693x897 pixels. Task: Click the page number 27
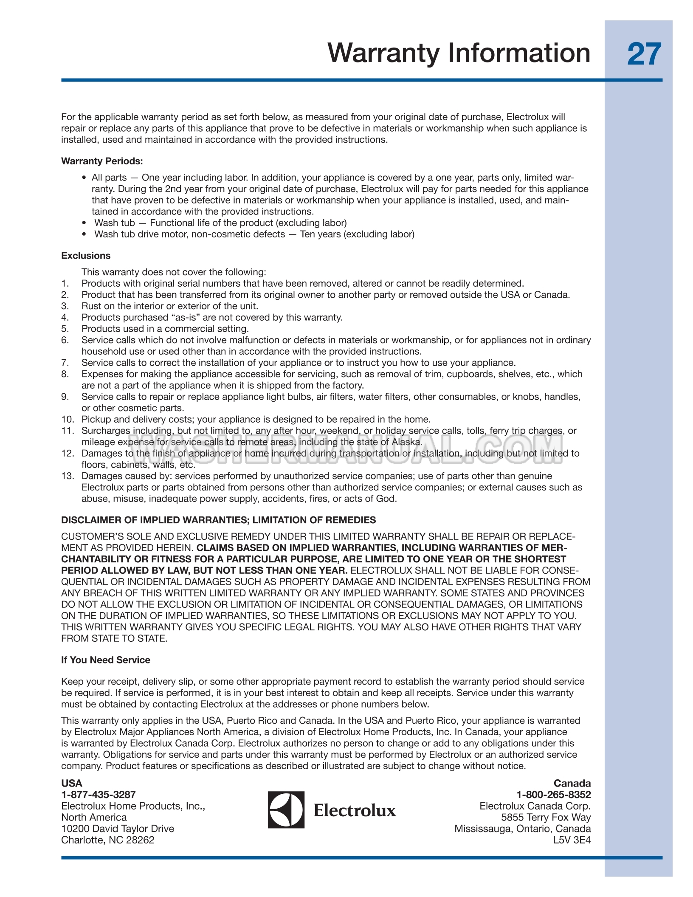coord(644,54)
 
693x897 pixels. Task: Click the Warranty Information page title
coord(459,53)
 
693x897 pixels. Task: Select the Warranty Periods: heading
coord(102,161)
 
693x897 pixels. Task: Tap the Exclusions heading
coord(86,256)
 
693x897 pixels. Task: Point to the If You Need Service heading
coord(106,660)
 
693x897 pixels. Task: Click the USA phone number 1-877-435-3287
coord(99,794)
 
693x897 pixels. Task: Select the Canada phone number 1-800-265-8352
coord(553,794)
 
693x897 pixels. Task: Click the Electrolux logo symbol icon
coord(286,810)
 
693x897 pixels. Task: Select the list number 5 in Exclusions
coord(65,329)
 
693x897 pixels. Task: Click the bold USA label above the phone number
coord(72,783)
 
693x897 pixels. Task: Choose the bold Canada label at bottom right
coord(572,783)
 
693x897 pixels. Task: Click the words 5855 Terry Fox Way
coord(546,817)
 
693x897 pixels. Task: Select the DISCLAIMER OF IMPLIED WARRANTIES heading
coord(218,520)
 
